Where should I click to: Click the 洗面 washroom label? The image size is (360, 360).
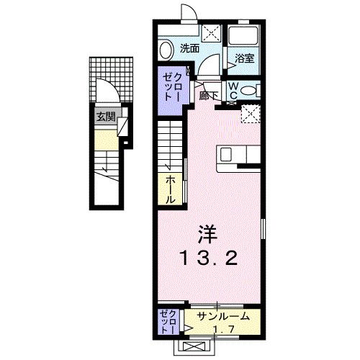(x=190, y=49)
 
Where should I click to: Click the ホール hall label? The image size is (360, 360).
(x=171, y=187)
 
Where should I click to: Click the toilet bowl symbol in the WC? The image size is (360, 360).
(x=248, y=90)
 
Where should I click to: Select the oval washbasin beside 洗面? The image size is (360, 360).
(x=166, y=50)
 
